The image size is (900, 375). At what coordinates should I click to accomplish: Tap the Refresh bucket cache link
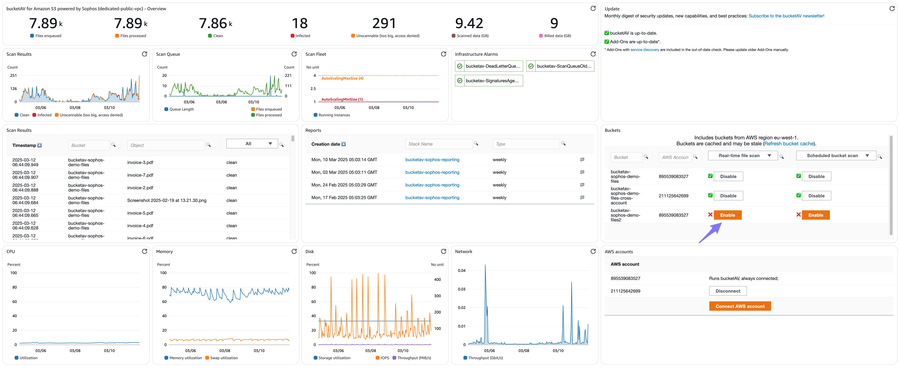point(789,144)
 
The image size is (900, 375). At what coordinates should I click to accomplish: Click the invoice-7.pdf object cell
point(140,175)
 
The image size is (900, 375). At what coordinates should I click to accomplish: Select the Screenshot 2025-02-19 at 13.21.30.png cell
point(167,201)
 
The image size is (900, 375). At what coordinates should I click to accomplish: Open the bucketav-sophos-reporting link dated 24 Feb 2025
point(432,185)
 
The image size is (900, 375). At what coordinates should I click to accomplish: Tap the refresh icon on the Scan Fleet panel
point(443,54)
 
